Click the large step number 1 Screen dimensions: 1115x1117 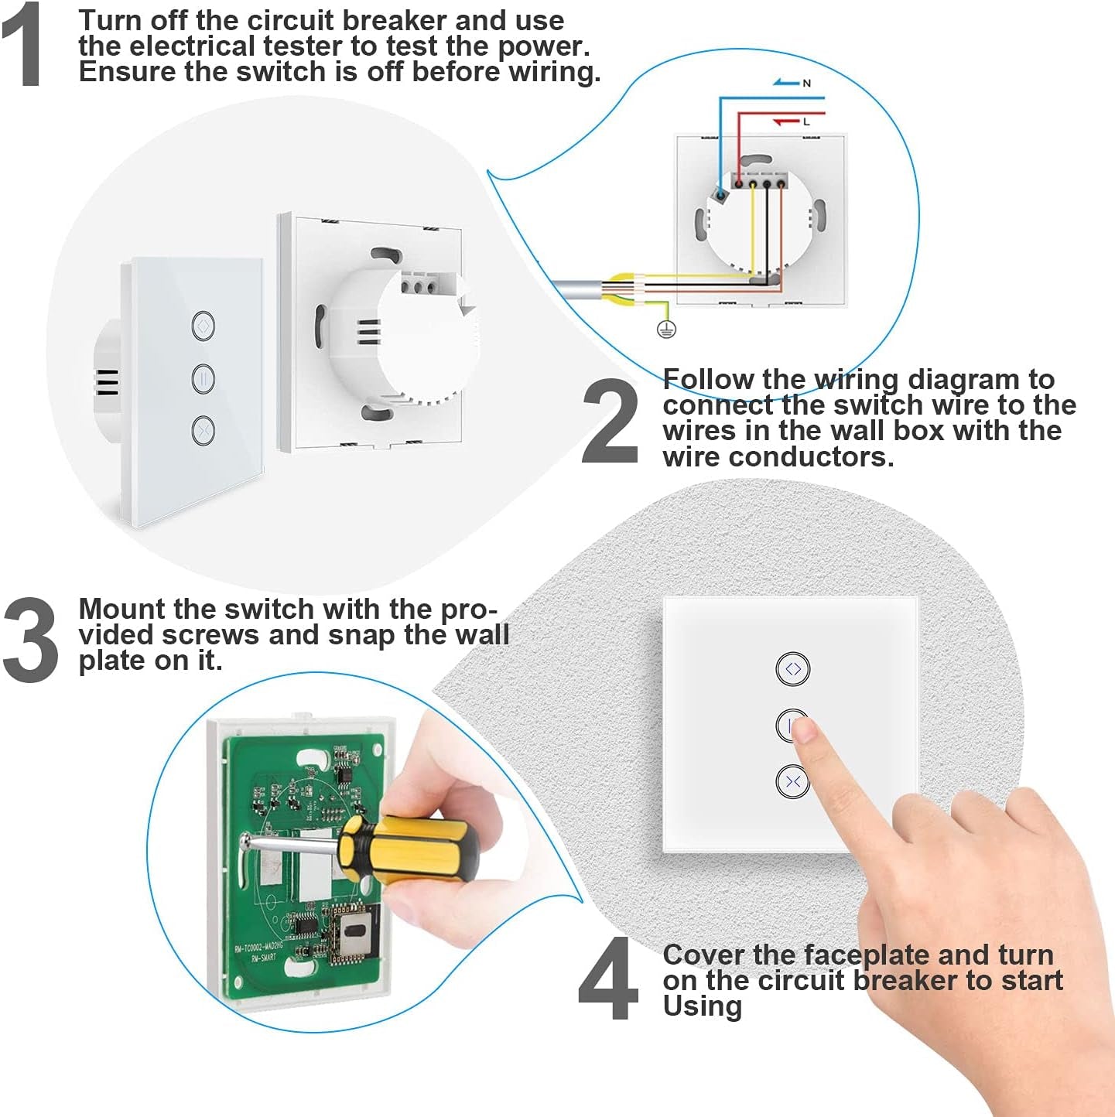[22, 45]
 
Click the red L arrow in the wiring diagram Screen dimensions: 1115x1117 [786, 121]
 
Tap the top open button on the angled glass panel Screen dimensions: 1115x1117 [203, 325]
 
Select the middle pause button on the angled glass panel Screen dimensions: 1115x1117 [203, 378]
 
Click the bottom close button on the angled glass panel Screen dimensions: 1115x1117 [203, 430]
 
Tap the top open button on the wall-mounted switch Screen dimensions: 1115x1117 [792, 669]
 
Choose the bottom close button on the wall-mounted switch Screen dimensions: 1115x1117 [792, 781]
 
